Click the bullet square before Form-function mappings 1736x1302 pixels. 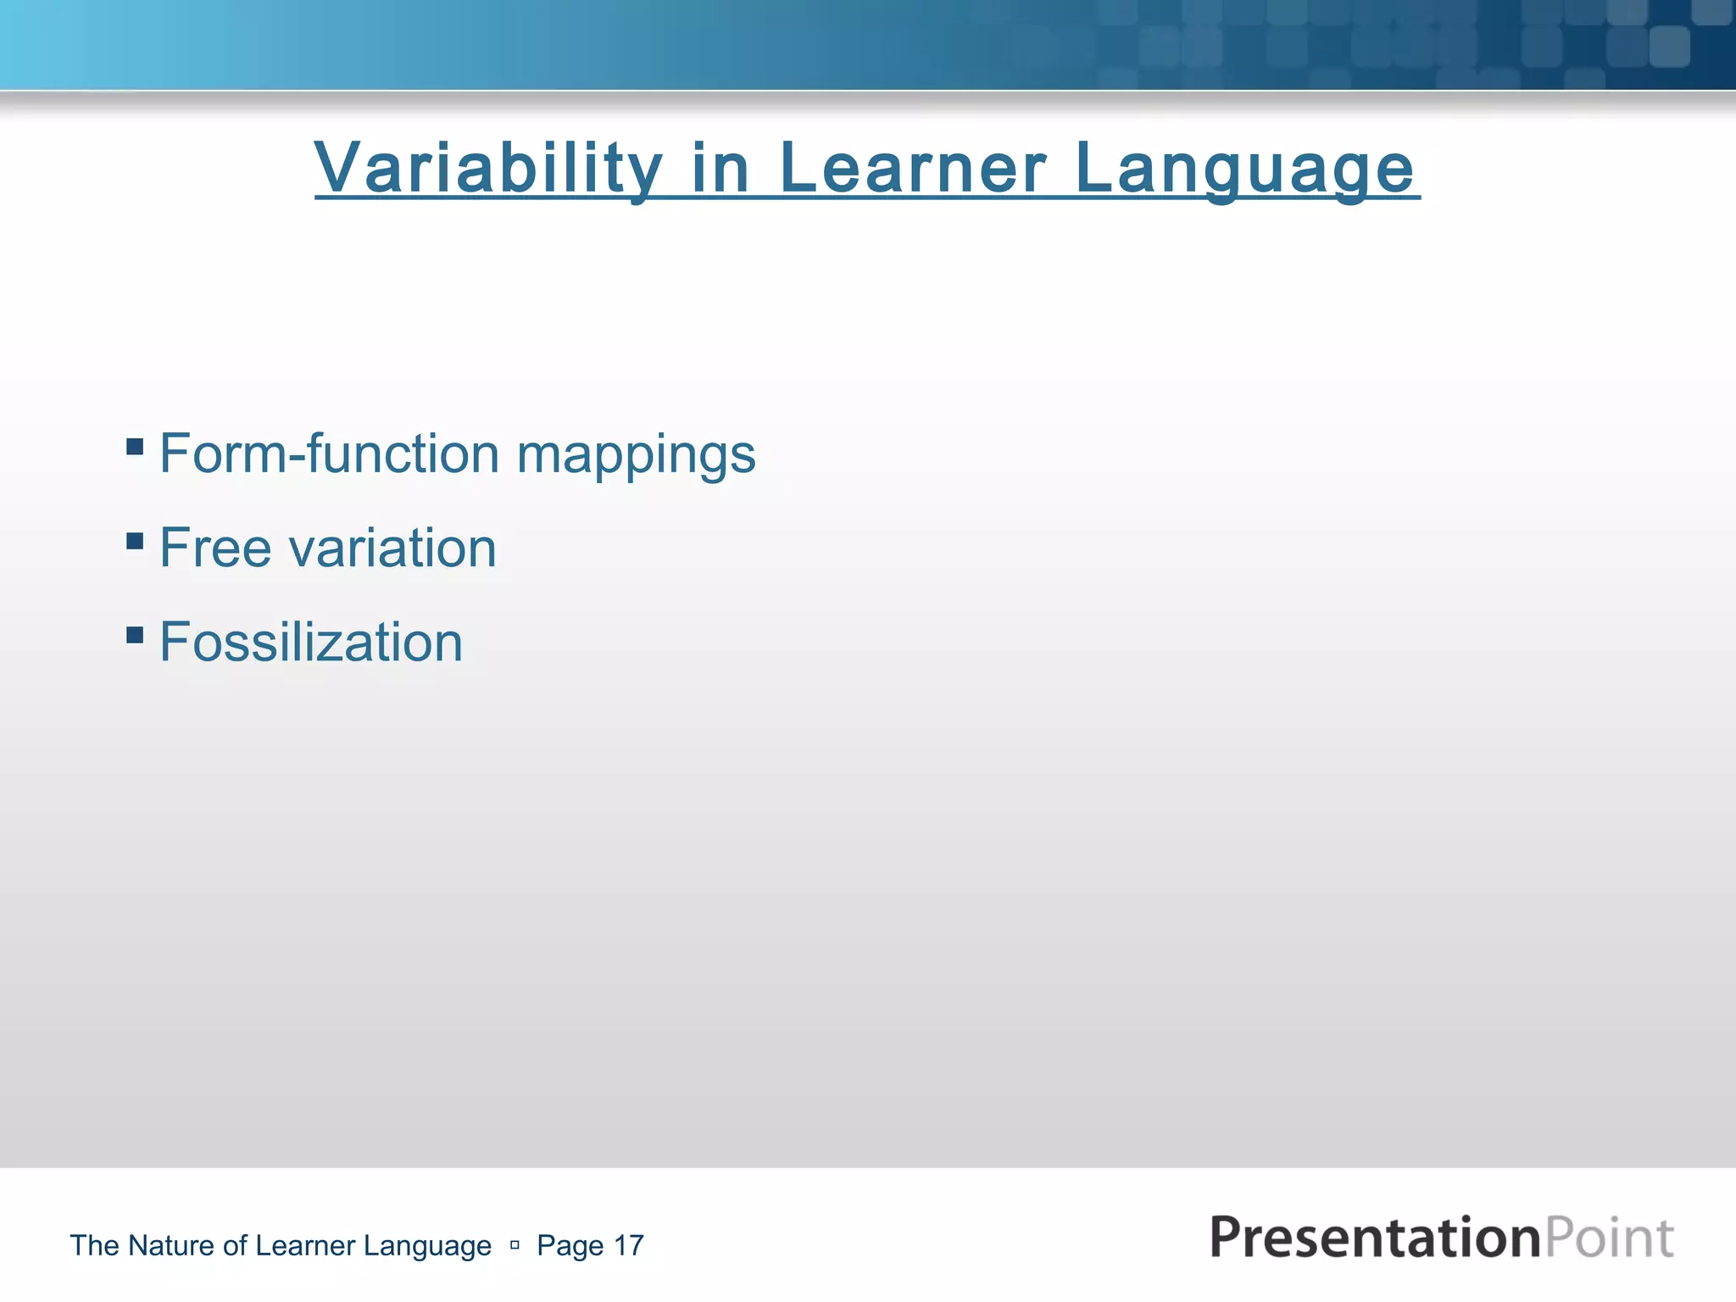134,446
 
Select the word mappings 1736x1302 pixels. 636,458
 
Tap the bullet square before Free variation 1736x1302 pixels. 134,540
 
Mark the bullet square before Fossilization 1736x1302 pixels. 134,634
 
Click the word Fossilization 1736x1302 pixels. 311,642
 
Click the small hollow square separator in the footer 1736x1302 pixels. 515,1245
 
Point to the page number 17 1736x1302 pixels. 628,1245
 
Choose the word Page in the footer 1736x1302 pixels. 570,1246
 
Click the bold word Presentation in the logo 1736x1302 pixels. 1374,1238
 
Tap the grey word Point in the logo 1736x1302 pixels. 1609,1238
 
